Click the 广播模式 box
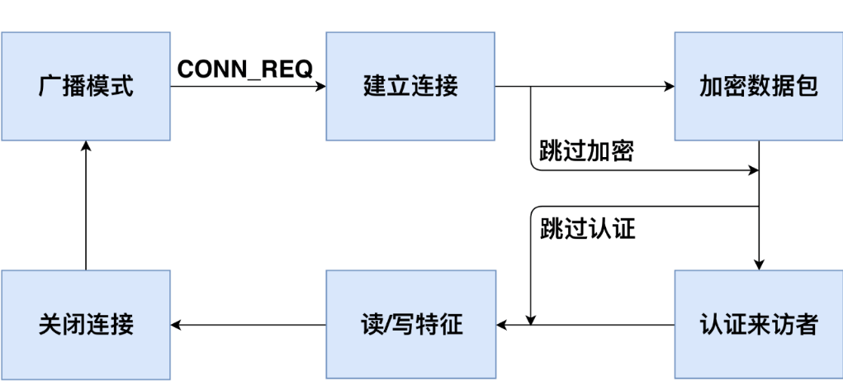(86, 86)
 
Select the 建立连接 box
(410, 86)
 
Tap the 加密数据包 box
(758, 86)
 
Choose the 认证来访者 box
(758, 324)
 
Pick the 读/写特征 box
(410, 324)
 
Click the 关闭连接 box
(86, 324)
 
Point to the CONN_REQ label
(245, 70)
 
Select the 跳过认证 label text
(587, 229)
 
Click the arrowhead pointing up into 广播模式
(86, 146)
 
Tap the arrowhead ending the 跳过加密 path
(753, 171)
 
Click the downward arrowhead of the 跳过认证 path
(531, 318)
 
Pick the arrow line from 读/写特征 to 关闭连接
(248, 324)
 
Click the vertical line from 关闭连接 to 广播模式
(86, 207)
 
